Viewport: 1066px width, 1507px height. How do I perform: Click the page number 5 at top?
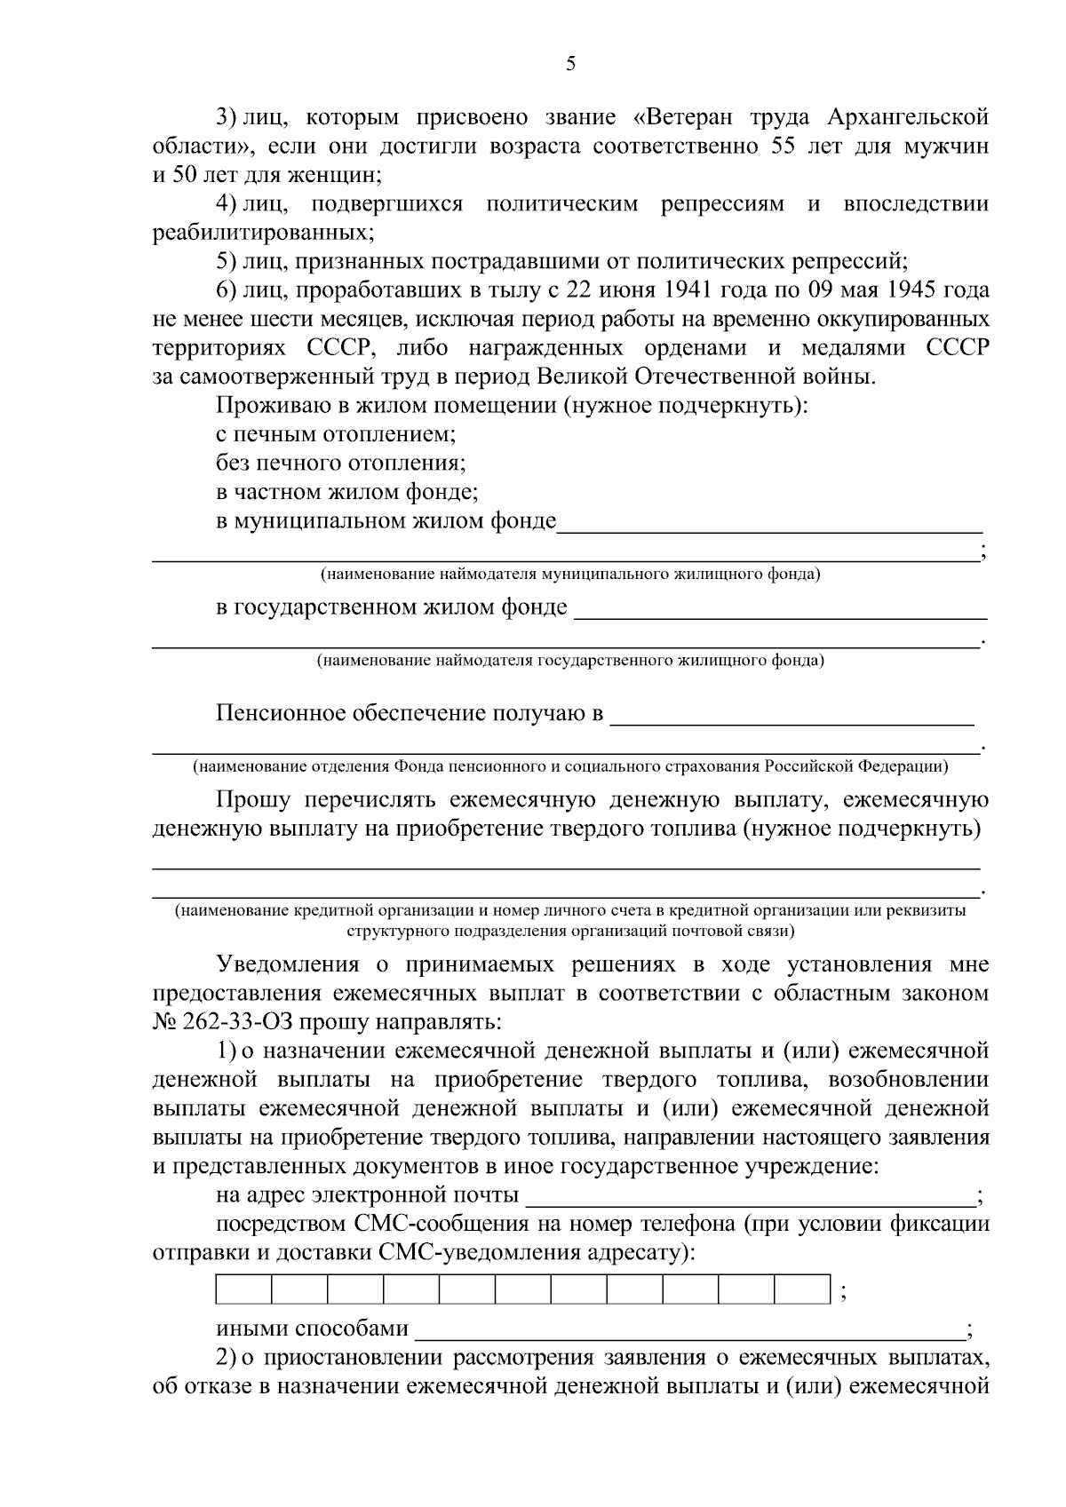[x=571, y=63]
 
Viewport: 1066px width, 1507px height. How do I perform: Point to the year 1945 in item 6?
[x=911, y=290]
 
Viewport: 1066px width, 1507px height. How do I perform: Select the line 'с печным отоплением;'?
[x=336, y=435]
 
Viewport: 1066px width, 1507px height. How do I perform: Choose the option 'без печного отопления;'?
[x=342, y=464]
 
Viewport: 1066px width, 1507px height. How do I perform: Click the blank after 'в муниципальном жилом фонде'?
[x=768, y=524]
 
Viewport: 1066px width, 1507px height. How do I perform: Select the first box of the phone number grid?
[x=243, y=1289]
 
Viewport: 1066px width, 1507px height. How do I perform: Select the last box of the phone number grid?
[x=802, y=1289]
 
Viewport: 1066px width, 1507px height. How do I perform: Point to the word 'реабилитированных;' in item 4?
[x=263, y=234]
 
